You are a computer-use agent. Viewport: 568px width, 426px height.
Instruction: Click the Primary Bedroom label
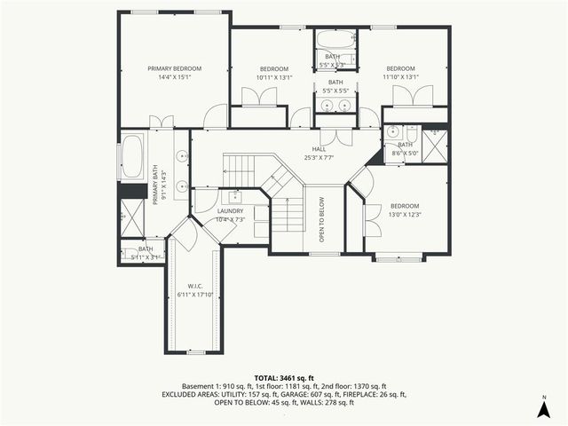coord(175,68)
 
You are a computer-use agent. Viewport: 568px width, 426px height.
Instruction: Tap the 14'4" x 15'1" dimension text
coord(175,77)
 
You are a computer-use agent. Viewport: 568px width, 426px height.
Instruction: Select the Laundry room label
coord(231,210)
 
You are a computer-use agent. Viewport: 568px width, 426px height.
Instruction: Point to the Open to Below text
coord(322,226)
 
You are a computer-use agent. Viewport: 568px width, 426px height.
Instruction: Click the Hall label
coord(319,149)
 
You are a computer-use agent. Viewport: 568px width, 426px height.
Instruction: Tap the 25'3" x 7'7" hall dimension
coord(319,158)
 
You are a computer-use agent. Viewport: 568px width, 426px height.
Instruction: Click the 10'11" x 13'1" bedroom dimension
coord(274,77)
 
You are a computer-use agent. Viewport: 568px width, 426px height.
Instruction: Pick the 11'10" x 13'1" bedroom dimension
coord(400,77)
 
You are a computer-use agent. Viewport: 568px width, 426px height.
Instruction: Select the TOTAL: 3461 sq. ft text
coord(284,378)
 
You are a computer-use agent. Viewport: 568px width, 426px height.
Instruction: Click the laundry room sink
coord(235,196)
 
